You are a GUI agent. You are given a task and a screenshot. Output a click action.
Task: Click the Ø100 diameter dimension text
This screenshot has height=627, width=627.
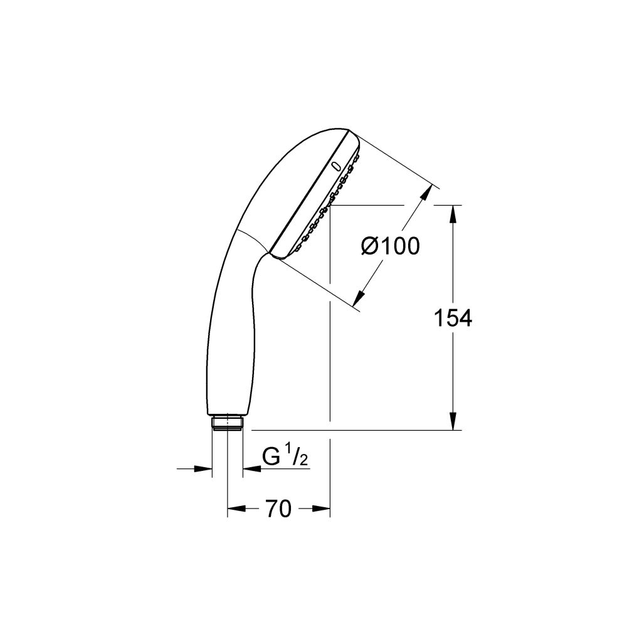click(390, 246)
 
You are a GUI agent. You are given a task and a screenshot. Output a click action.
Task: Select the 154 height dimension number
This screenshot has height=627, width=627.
click(453, 319)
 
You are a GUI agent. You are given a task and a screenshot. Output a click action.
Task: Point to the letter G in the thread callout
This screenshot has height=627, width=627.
click(271, 458)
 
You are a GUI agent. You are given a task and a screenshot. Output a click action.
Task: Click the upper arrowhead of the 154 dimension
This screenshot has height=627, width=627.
click(453, 213)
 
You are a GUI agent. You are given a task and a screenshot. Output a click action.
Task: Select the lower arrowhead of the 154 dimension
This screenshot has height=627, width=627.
click(453, 421)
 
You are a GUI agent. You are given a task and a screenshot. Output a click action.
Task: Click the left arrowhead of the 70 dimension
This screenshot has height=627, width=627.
click(234, 509)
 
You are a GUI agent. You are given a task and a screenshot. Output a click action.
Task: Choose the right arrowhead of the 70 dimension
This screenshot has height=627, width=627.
click(322, 509)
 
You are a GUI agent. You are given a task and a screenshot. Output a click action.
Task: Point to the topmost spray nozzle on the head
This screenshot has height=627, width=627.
click(358, 154)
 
